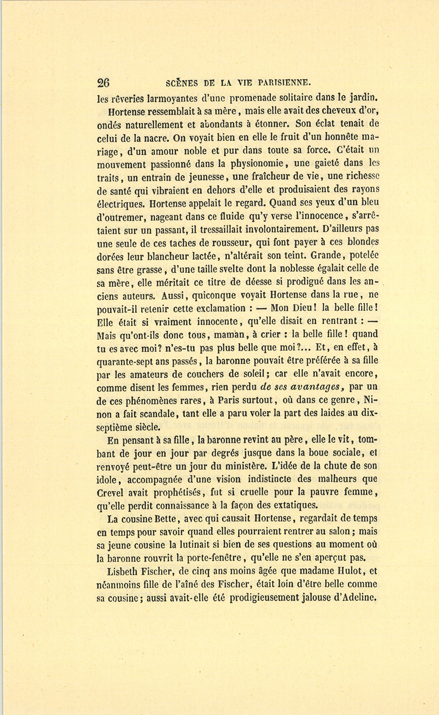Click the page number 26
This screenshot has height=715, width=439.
click(x=103, y=82)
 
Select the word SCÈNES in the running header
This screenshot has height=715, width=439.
click(x=183, y=82)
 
